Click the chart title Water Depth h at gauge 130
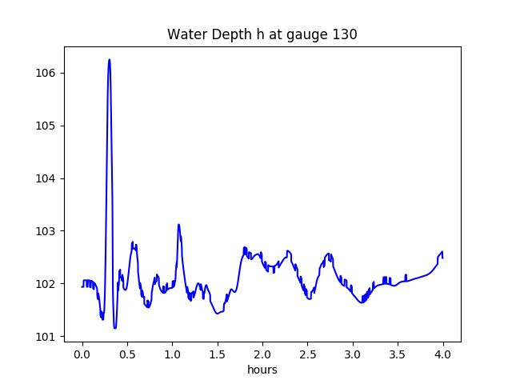pyautogui.click(x=262, y=35)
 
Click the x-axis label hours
pyautogui.click(x=262, y=370)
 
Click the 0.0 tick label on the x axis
pyautogui.click(x=82, y=354)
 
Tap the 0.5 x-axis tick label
pyautogui.click(x=127, y=354)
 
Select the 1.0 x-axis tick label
pyautogui.click(x=172, y=354)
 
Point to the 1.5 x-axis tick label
pyautogui.click(x=218, y=354)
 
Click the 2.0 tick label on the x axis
pyautogui.click(x=262, y=354)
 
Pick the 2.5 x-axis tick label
pyautogui.click(x=308, y=354)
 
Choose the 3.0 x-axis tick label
pyautogui.click(x=353, y=354)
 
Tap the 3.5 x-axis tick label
pyautogui.click(x=398, y=354)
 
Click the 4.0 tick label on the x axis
pyautogui.click(x=443, y=354)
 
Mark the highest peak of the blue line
pyautogui.click(x=109, y=59)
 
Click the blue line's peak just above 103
pyautogui.click(x=178, y=225)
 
